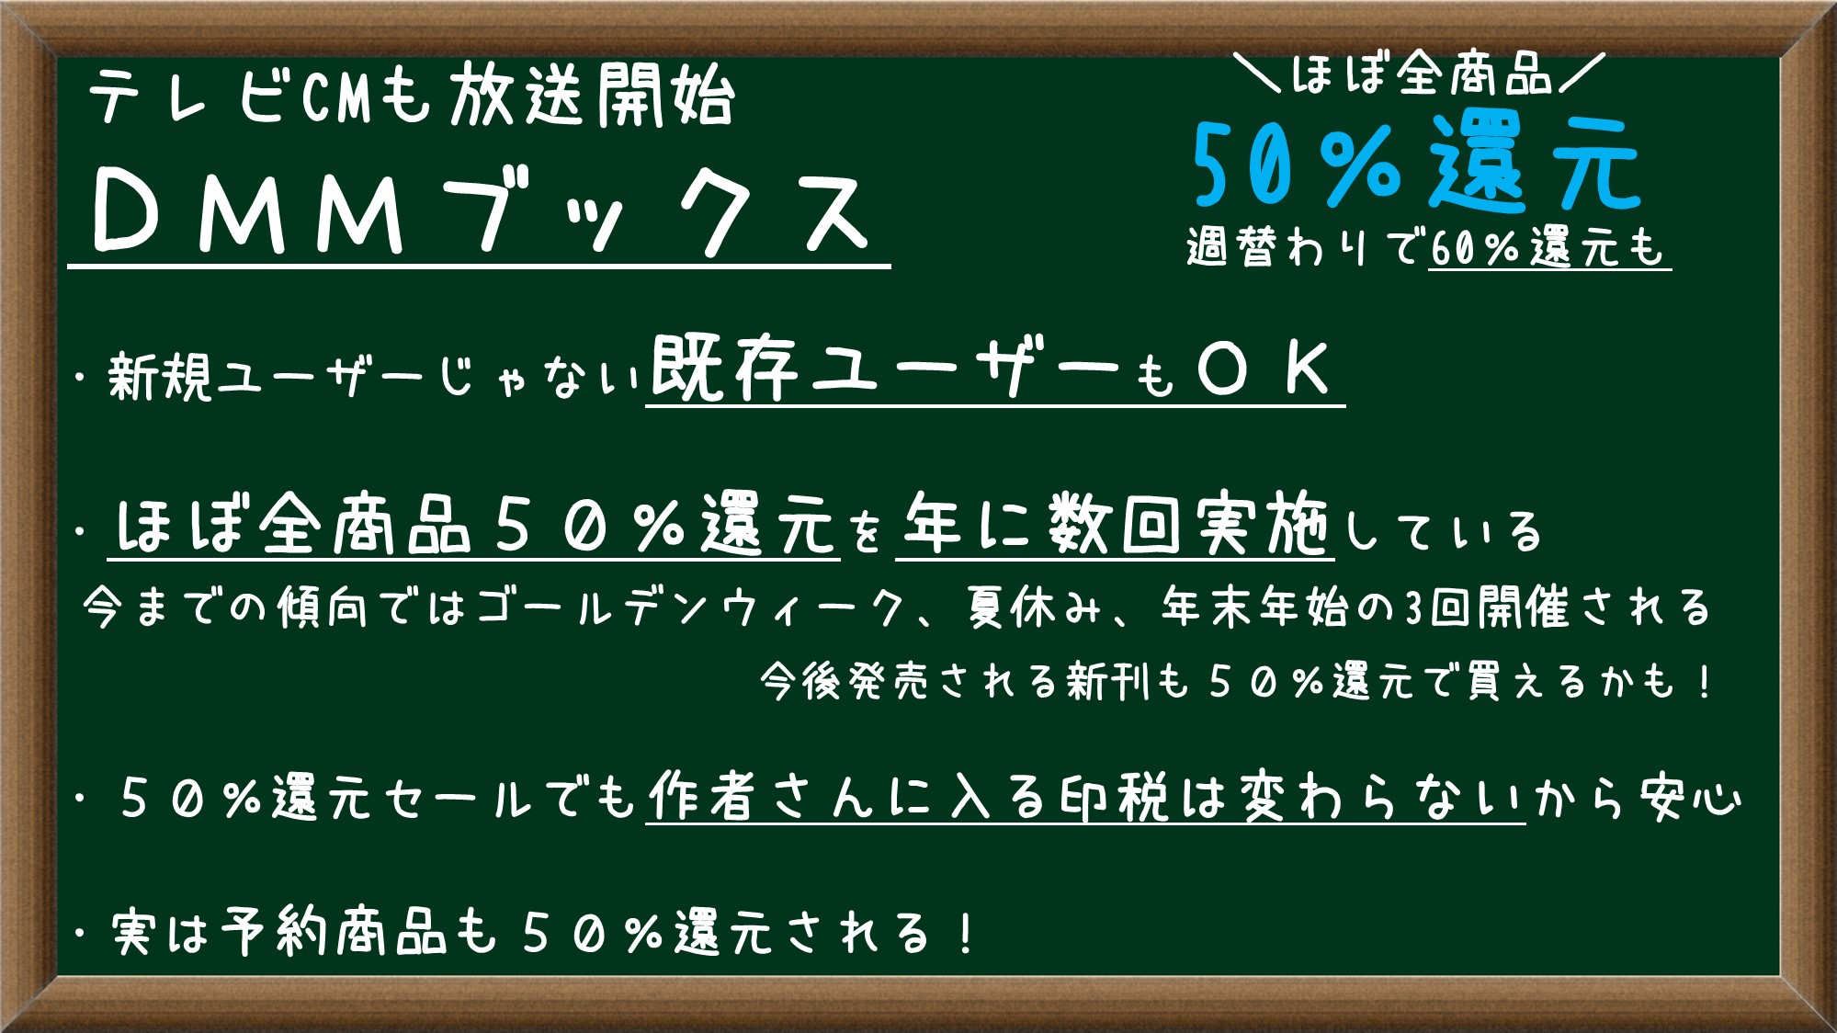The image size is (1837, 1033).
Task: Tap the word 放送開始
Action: coord(592,96)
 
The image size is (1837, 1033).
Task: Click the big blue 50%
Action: coord(1296,166)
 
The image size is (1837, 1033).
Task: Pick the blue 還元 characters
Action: coord(1535,166)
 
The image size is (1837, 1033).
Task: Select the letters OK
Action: coord(1264,369)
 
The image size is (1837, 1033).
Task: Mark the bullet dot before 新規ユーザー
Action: coord(84,379)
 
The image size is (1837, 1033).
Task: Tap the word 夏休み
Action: coord(1033,607)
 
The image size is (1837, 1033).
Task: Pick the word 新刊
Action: coord(1108,682)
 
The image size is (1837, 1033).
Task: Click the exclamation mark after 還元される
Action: coord(965,934)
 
